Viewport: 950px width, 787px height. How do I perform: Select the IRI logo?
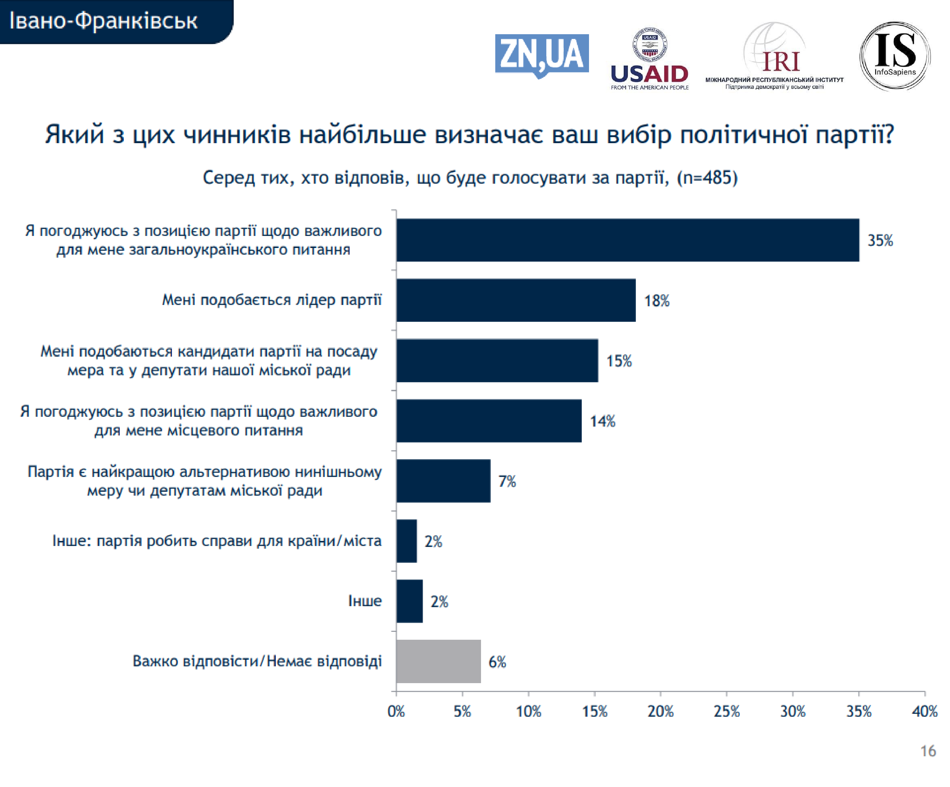(x=774, y=57)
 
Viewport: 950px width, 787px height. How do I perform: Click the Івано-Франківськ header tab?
(x=104, y=21)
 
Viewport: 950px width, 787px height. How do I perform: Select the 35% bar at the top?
(x=627, y=240)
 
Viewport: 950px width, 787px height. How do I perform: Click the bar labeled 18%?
(x=516, y=300)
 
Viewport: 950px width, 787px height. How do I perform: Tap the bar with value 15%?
(x=497, y=360)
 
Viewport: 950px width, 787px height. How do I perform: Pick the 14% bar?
(x=489, y=421)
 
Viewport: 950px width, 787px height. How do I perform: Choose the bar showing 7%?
(x=443, y=481)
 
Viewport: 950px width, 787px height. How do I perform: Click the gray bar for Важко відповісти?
(x=438, y=661)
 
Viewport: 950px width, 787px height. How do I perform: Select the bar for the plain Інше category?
(x=409, y=601)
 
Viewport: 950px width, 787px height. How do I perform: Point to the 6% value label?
(x=497, y=662)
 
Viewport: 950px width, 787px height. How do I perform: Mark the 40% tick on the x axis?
(x=924, y=711)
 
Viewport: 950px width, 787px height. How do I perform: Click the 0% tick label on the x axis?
(x=396, y=711)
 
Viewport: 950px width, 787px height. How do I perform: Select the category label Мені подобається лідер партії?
(x=272, y=300)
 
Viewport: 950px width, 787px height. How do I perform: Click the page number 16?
(x=928, y=751)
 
